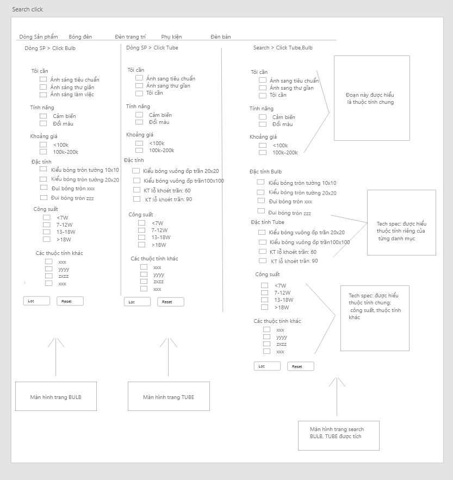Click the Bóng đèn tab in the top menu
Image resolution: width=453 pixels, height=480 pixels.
coord(80,37)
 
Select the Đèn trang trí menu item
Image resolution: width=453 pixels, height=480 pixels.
coord(130,37)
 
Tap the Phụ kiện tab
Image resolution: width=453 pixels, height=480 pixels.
coord(171,37)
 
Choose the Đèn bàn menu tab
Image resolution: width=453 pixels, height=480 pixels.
coord(221,37)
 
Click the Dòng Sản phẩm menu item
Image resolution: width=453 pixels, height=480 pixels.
coord(39,37)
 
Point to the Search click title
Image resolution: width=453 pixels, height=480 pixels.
coord(28,9)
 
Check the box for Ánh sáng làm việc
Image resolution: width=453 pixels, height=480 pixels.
coord(44,94)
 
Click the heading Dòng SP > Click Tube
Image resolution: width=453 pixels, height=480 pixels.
coord(152,48)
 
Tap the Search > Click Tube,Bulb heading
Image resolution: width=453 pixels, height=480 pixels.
coord(283,48)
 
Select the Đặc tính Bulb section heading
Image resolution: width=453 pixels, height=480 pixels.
coord(266,172)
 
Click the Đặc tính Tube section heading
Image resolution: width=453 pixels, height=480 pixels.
coord(268,222)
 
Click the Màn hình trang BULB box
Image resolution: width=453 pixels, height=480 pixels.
coord(56,396)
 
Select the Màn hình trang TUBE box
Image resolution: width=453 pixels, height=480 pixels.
coord(168,397)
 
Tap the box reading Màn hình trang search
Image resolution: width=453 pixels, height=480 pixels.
coord(338,435)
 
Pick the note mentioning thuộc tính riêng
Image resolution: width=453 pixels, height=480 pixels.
coord(401,223)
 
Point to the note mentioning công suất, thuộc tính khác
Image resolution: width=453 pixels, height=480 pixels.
coord(375,318)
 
